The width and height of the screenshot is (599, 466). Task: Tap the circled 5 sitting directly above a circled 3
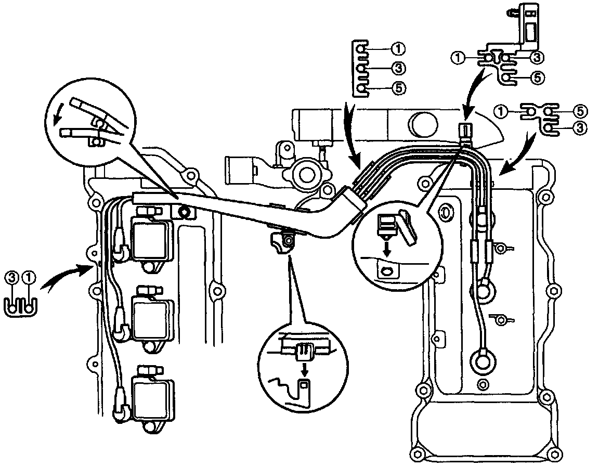pyautogui.click(x=581, y=110)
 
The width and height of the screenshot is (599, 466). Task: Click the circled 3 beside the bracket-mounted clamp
pyautogui.click(x=538, y=57)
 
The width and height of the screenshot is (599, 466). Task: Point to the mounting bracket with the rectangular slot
pyautogui.click(x=529, y=29)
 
